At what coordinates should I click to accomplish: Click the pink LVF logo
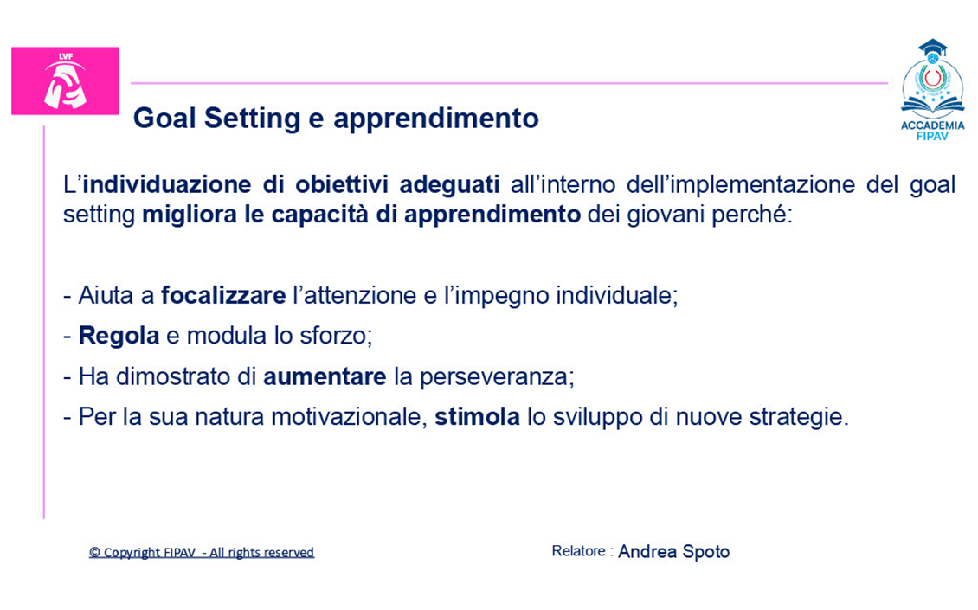click(x=66, y=81)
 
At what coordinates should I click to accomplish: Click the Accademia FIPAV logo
click(x=932, y=90)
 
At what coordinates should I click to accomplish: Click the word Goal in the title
click(x=164, y=118)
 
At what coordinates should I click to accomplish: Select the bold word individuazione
click(x=166, y=184)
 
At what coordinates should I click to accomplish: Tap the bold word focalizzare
click(x=223, y=295)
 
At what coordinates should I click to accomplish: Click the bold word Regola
click(x=119, y=337)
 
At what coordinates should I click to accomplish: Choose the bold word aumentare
click(x=325, y=376)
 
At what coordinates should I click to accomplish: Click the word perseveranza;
click(x=497, y=377)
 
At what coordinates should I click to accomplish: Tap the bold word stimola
click(x=477, y=417)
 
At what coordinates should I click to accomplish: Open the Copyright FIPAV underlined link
click(x=202, y=553)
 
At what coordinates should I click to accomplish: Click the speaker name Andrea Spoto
click(x=673, y=552)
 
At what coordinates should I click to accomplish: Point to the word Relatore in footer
click(x=578, y=551)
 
